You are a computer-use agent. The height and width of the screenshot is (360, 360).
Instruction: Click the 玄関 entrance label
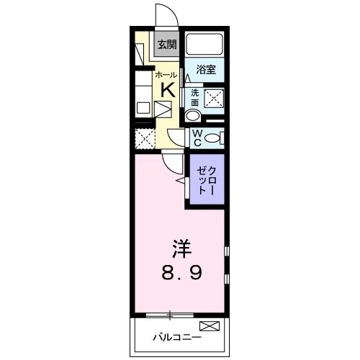pos(166,45)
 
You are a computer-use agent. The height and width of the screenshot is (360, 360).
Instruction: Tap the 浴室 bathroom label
pos(207,69)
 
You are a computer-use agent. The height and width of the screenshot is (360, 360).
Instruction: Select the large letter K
pos(166,90)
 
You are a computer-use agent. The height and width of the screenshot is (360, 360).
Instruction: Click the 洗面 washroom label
pos(195,98)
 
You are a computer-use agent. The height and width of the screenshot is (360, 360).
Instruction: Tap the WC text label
pos(196,136)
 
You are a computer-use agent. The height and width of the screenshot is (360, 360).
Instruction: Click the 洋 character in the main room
pos(181,249)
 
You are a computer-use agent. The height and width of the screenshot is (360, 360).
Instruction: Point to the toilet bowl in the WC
pos(214,138)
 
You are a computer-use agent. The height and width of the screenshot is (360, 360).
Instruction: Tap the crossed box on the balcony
pos(208,326)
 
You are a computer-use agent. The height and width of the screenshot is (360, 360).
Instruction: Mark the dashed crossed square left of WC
pos(145,138)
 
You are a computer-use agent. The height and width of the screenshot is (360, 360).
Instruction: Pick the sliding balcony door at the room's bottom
pos(170,315)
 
